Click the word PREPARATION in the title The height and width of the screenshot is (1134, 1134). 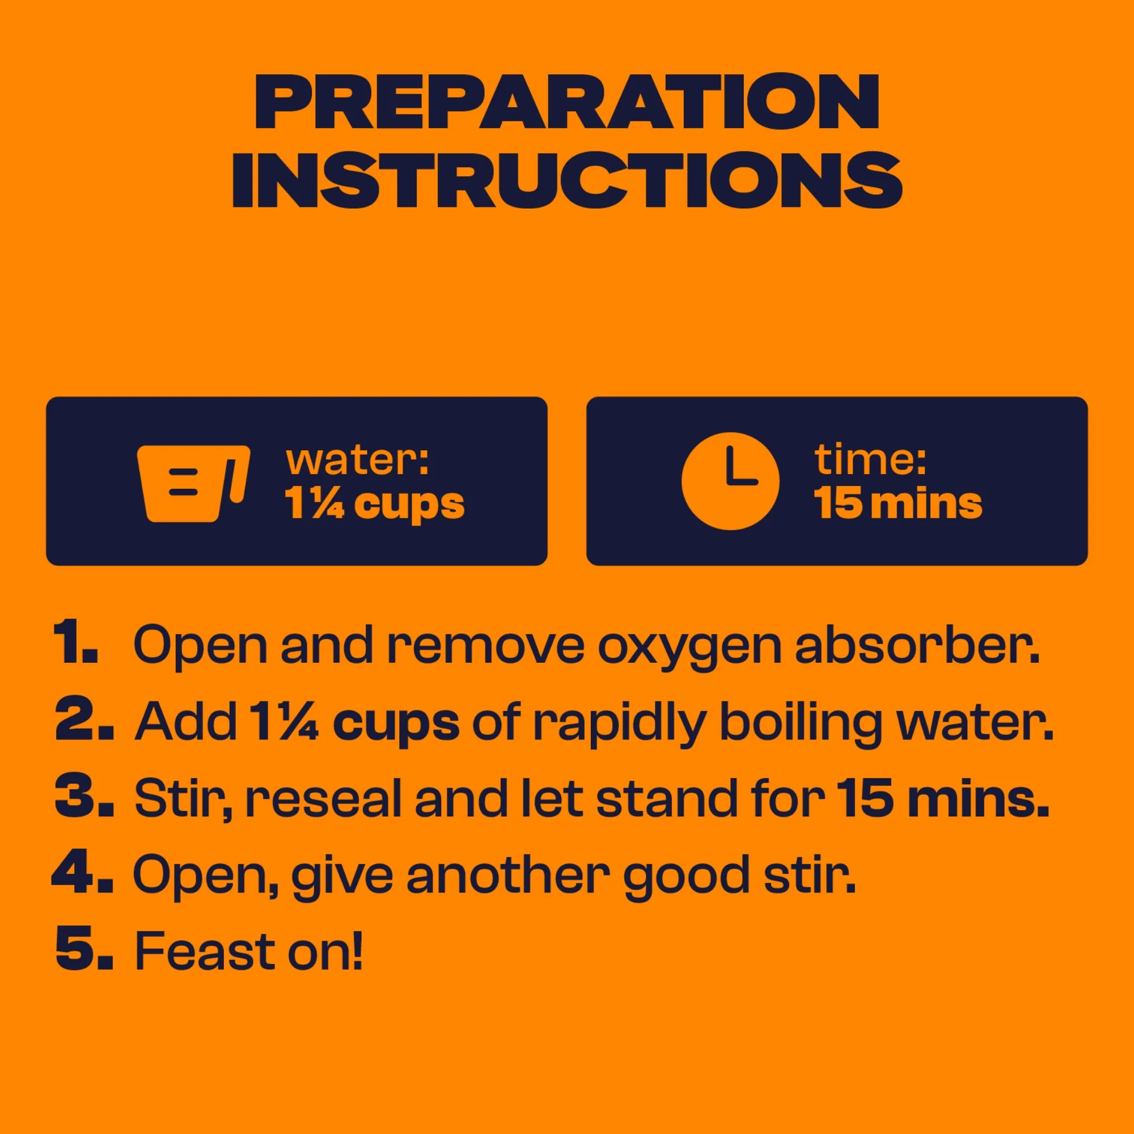(x=567, y=101)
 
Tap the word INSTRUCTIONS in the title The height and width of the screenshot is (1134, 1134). (x=567, y=180)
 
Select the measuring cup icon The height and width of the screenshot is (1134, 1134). (x=194, y=483)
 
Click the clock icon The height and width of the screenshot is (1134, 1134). (x=730, y=481)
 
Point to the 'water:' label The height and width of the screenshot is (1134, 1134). (x=357, y=461)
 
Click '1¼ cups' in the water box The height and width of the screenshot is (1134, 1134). (x=374, y=504)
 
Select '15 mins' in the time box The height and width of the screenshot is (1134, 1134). (x=898, y=503)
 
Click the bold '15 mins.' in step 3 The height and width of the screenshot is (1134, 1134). (x=943, y=797)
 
